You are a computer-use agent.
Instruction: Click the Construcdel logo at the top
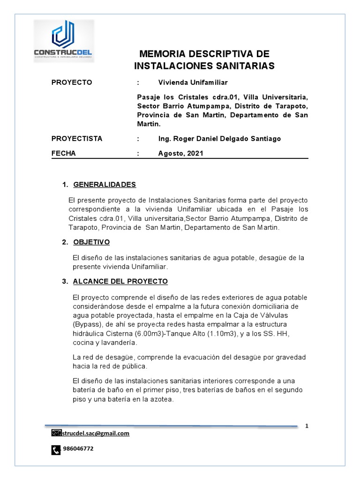point(64,41)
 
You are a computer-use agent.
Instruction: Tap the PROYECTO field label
point(72,82)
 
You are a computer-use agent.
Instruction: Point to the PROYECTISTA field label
point(77,139)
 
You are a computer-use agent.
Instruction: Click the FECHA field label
point(64,153)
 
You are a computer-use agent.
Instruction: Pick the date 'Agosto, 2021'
point(181,153)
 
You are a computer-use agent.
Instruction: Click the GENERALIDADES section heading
point(105,184)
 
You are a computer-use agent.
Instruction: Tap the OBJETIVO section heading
point(91,242)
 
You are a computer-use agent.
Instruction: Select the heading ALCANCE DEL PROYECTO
point(120,281)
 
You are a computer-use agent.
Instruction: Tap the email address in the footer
point(95,434)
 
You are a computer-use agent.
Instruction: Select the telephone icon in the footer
point(55,450)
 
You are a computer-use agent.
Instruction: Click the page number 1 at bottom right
point(307,426)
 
